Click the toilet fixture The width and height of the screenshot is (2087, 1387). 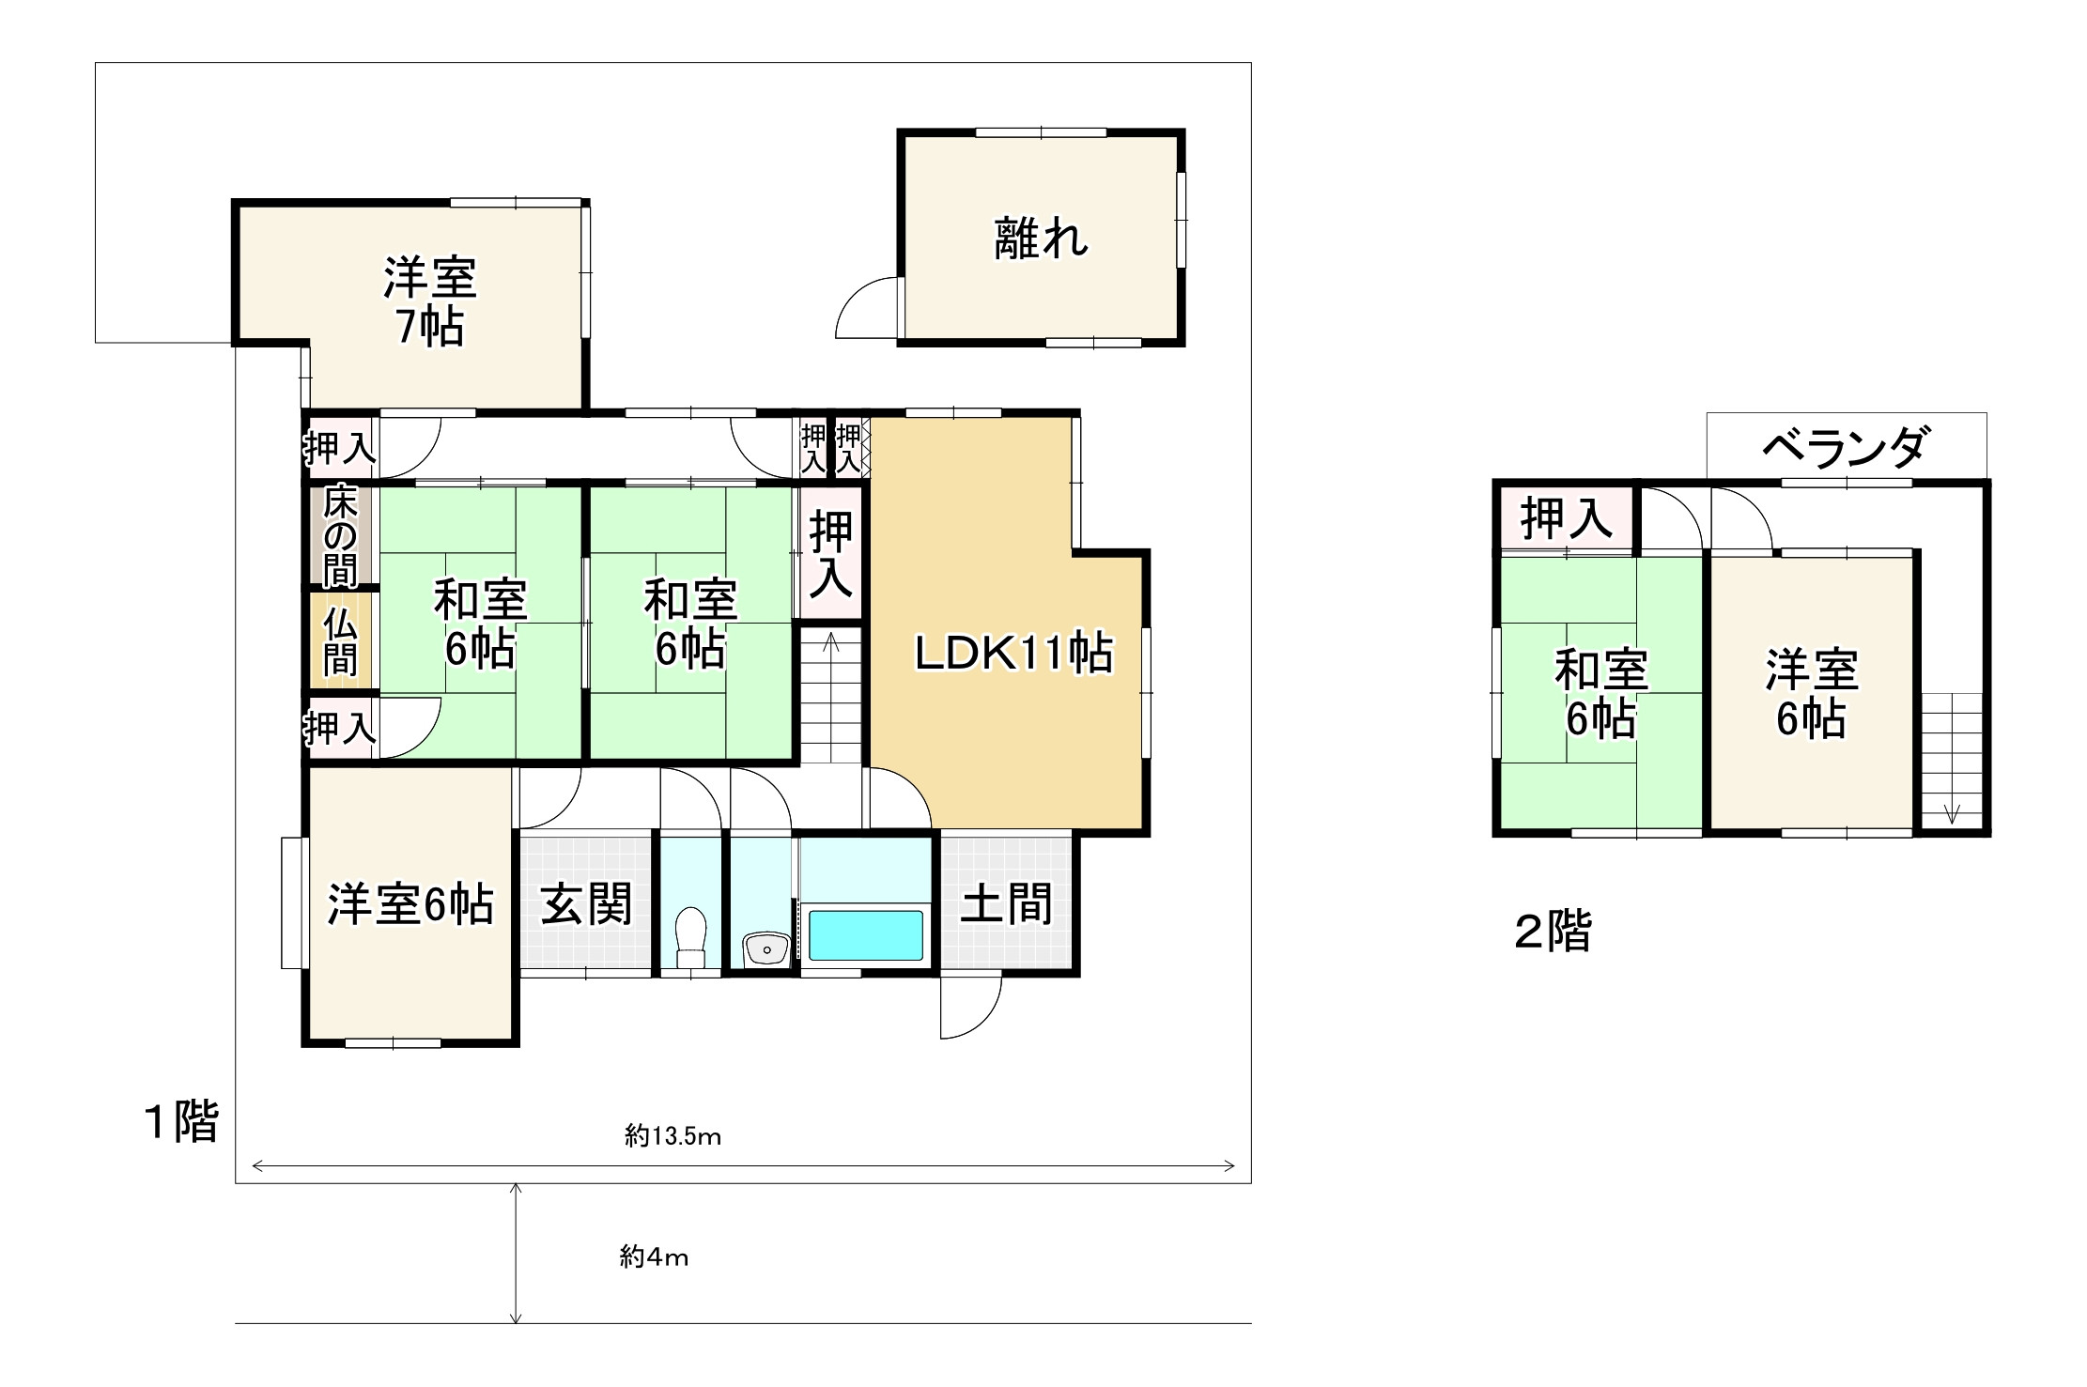point(691,935)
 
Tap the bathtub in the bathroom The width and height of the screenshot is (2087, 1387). point(865,934)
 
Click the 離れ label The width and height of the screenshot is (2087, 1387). point(1041,239)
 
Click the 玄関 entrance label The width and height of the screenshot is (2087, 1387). point(586,904)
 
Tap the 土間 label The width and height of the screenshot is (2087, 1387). point(1006,904)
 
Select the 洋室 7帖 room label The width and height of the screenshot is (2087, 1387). point(429,301)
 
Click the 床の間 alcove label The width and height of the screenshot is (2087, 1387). point(340,536)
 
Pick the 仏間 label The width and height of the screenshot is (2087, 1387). point(340,642)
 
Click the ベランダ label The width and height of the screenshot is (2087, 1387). point(1846,448)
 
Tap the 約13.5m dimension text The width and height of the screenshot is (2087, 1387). point(672,1137)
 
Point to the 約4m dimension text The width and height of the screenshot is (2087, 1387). point(654,1257)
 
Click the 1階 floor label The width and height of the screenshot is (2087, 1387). point(180,1121)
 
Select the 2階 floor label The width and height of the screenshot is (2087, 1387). point(1553,932)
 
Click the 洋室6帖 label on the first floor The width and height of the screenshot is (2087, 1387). point(410,904)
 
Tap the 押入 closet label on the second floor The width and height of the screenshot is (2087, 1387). point(1566,518)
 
